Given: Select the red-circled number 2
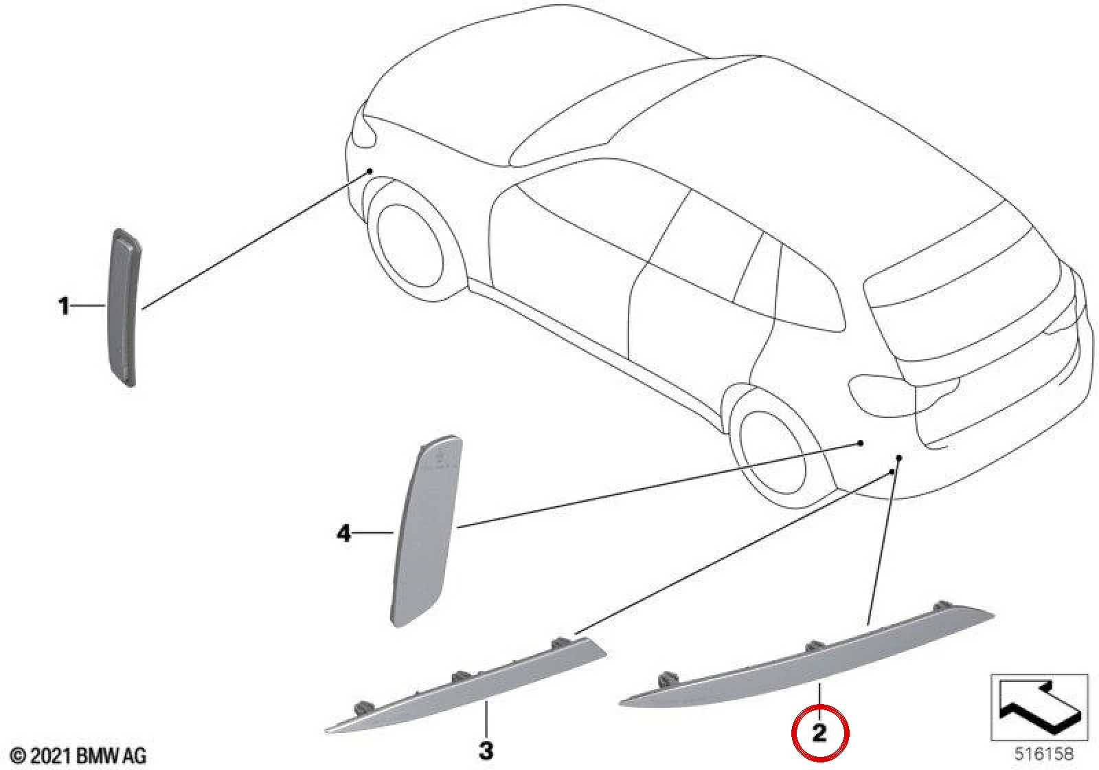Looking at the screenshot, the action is pos(819,733).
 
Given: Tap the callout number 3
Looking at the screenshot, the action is pos(486,750).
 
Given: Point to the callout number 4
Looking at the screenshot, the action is pos(344,533).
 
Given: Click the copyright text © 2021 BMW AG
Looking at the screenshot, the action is pos(78,756).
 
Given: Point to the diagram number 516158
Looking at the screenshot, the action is pos(1044,753).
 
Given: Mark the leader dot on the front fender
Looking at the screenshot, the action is pos(370,171).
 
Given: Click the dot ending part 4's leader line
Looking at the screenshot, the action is pos(860,443).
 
